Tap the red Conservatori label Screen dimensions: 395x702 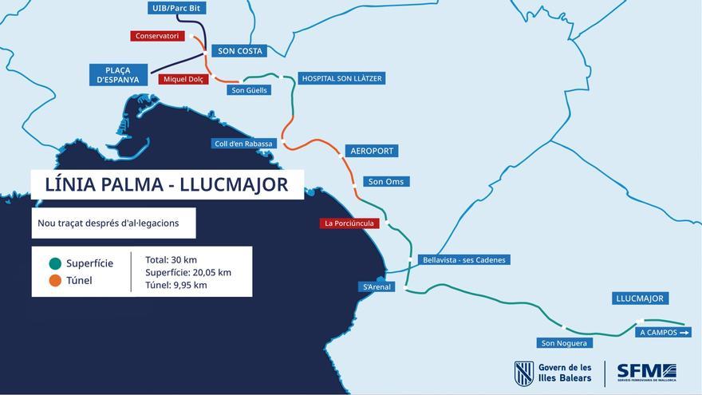tap(158, 36)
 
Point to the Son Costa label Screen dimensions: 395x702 tap(240, 51)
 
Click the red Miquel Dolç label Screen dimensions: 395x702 tap(183, 79)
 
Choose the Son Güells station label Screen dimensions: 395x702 tap(250, 90)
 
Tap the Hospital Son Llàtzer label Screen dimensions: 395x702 tap(342, 78)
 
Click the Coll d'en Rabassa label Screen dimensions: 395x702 tap(244, 144)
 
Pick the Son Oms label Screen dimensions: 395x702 tap(386, 182)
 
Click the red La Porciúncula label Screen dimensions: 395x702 tap(349, 223)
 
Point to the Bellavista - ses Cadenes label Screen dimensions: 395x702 tap(464, 260)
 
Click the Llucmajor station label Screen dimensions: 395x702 tap(640, 298)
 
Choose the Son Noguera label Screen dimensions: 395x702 tap(564, 343)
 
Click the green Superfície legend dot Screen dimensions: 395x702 tap(55, 263)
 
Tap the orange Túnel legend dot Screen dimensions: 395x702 tap(55, 281)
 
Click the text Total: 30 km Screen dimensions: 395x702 tap(171, 260)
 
